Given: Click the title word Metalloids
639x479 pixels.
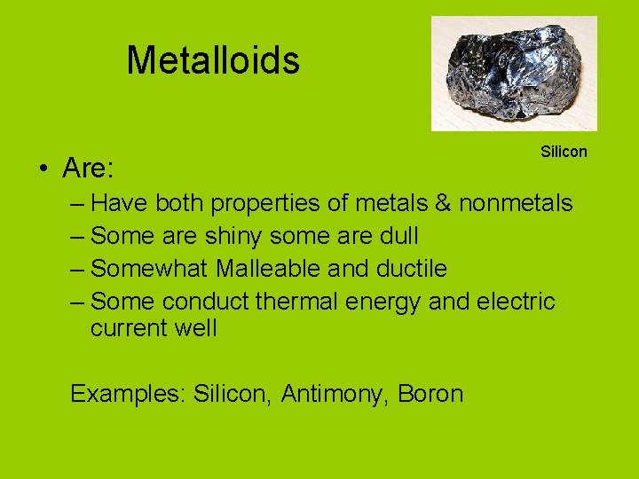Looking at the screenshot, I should coord(213,60).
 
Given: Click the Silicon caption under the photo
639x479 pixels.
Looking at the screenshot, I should coord(564,152).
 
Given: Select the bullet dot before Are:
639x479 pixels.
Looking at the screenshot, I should coord(43,169).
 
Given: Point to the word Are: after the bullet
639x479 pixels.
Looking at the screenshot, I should coord(86,167).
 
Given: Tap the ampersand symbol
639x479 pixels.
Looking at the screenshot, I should coord(443,203).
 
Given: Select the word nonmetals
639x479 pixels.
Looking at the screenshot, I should coord(516,203).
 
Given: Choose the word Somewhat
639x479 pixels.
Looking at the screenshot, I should coord(149,269).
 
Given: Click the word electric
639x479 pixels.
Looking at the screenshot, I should coord(516,302).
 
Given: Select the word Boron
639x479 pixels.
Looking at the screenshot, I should coord(431,393).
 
